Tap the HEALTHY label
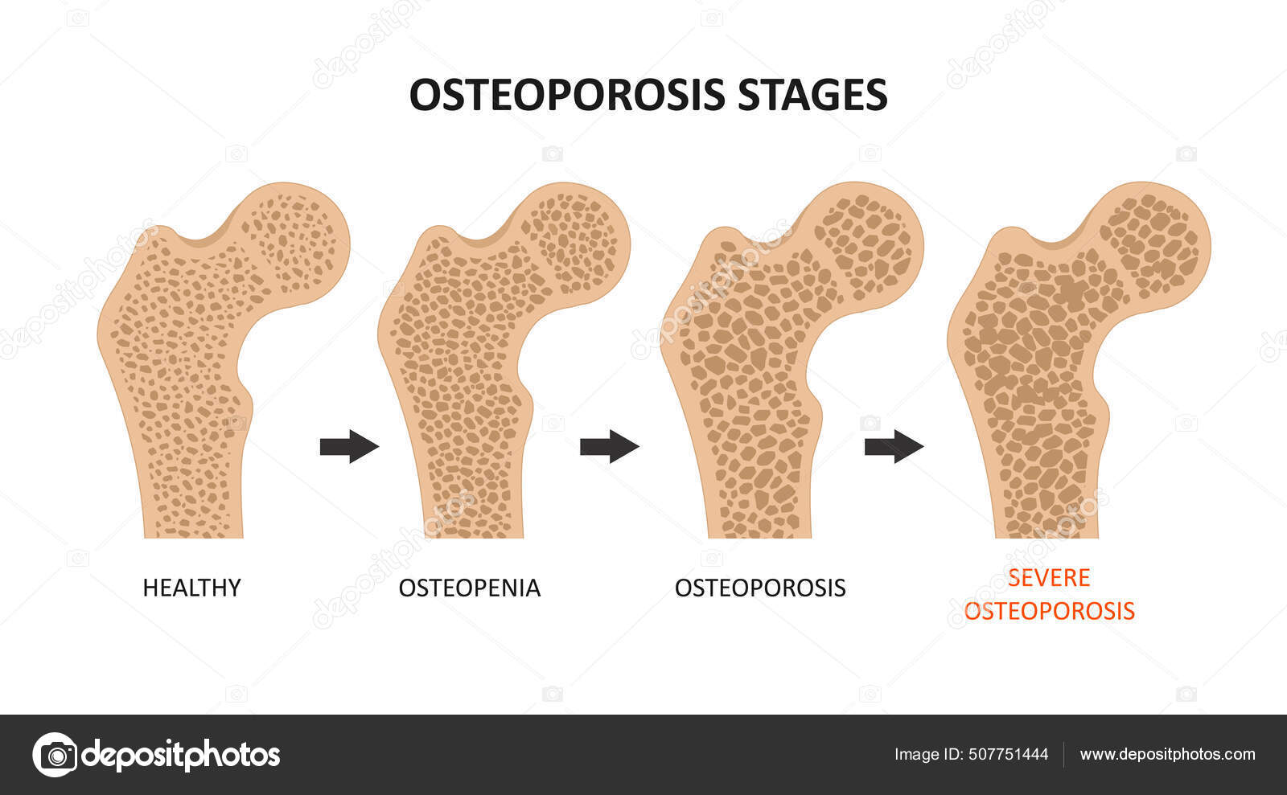point(191,588)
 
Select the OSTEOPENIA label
point(470,588)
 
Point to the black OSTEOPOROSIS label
point(760,588)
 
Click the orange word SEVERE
point(1049,577)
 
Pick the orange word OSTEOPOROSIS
point(1049,611)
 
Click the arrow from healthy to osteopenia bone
point(349,446)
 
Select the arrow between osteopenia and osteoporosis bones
point(609,446)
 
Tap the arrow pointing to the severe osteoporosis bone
point(894,446)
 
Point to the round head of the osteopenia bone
point(575,241)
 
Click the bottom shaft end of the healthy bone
point(193,522)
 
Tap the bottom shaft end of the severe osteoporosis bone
point(1046,522)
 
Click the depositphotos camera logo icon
point(55,755)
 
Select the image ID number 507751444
point(1008,754)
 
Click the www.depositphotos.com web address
point(1167,754)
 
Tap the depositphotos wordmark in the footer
point(181,755)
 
